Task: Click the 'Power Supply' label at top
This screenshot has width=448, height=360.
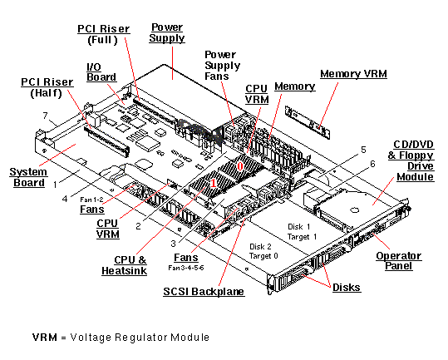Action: (x=167, y=32)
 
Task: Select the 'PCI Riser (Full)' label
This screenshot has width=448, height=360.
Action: (x=103, y=35)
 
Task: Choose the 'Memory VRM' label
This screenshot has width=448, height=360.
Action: (x=353, y=74)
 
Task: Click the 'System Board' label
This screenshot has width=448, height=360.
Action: (x=27, y=177)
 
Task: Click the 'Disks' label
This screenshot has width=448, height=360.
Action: (x=347, y=287)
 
